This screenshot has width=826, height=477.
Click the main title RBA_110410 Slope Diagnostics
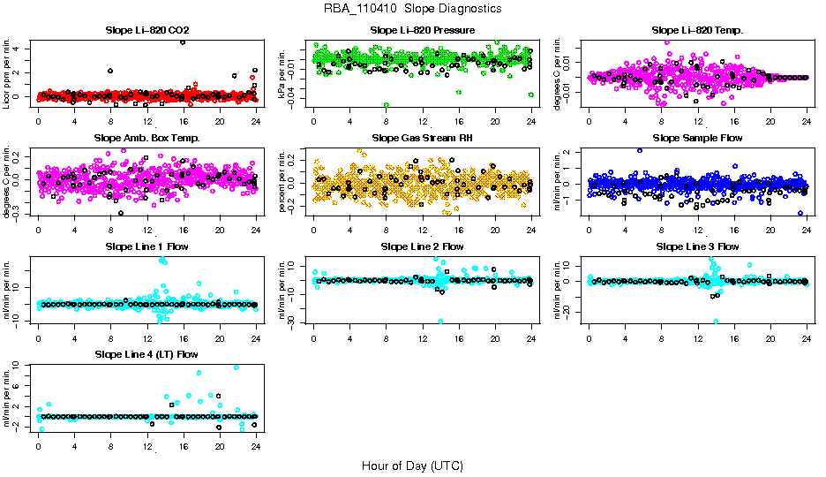[x=413, y=9]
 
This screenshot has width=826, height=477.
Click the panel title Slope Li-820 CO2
[x=146, y=31]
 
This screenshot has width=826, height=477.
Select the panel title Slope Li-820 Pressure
[x=423, y=31]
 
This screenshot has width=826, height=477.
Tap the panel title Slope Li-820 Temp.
[x=697, y=31]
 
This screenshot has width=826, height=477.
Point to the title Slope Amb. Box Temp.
[x=146, y=139]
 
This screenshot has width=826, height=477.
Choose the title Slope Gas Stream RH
[x=422, y=139]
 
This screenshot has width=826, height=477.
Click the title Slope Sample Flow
[x=697, y=139]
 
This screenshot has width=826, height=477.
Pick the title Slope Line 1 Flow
[x=146, y=246]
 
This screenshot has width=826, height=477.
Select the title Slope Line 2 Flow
[x=422, y=246]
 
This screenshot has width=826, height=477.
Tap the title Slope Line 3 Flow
[x=697, y=246]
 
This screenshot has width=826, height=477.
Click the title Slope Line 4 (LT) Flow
[x=146, y=354]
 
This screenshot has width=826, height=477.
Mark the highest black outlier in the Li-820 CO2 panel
[x=183, y=42]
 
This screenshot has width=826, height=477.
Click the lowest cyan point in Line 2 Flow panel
[x=440, y=322]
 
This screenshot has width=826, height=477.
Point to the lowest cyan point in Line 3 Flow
[x=716, y=322]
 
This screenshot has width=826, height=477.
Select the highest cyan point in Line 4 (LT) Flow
[x=237, y=367]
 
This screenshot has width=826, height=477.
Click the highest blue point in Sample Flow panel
[x=640, y=150]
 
